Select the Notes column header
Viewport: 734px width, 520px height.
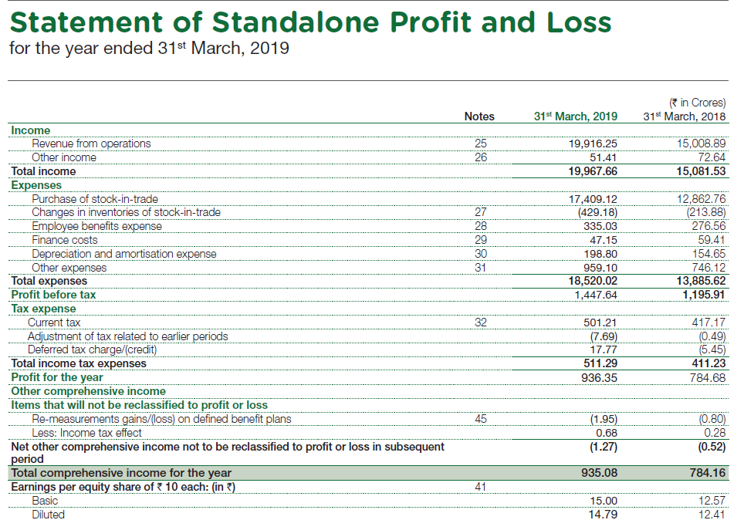tap(479, 116)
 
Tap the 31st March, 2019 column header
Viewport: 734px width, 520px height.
tap(575, 116)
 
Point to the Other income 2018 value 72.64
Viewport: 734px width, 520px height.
tap(707, 157)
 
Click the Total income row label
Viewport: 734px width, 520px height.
tap(43, 171)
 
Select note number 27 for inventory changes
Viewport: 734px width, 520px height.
tap(480, 212)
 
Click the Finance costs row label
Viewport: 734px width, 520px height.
tap(65, 240)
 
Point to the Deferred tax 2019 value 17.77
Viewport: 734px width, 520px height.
tap(603, 350)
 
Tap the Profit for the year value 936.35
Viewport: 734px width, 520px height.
tap(599, 378)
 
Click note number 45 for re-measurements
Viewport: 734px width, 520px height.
tap(480, 419)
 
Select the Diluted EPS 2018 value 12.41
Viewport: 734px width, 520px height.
tap(710, 515)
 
